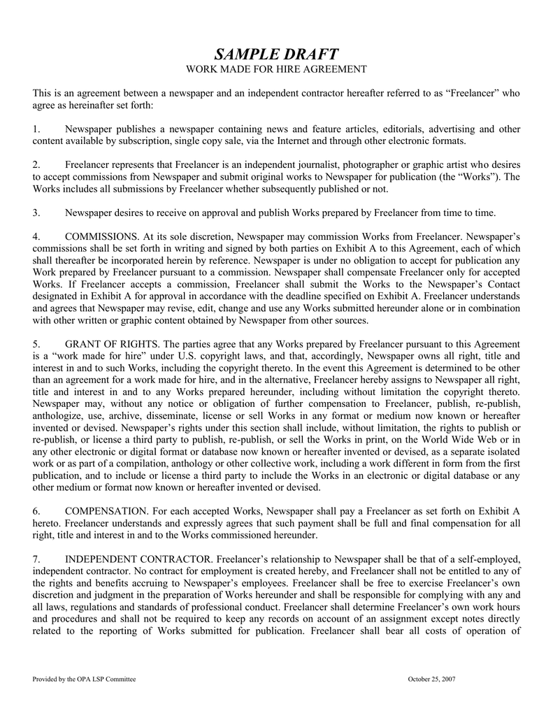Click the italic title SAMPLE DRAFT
[x=276, y=55]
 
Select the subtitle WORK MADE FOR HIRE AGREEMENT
[x=276, y=69]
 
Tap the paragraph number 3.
[x=36, y=213]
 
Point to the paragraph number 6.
[x=36, y=511]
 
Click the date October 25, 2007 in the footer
[x=431, y=679]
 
